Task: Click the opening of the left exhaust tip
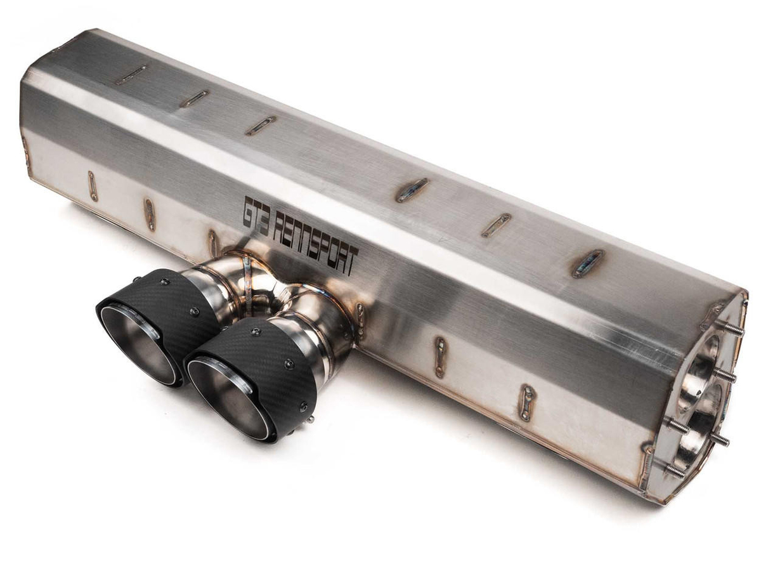click(138, 342)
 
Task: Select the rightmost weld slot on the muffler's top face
click(589, 263)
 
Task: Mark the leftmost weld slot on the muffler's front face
click(93, 185)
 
